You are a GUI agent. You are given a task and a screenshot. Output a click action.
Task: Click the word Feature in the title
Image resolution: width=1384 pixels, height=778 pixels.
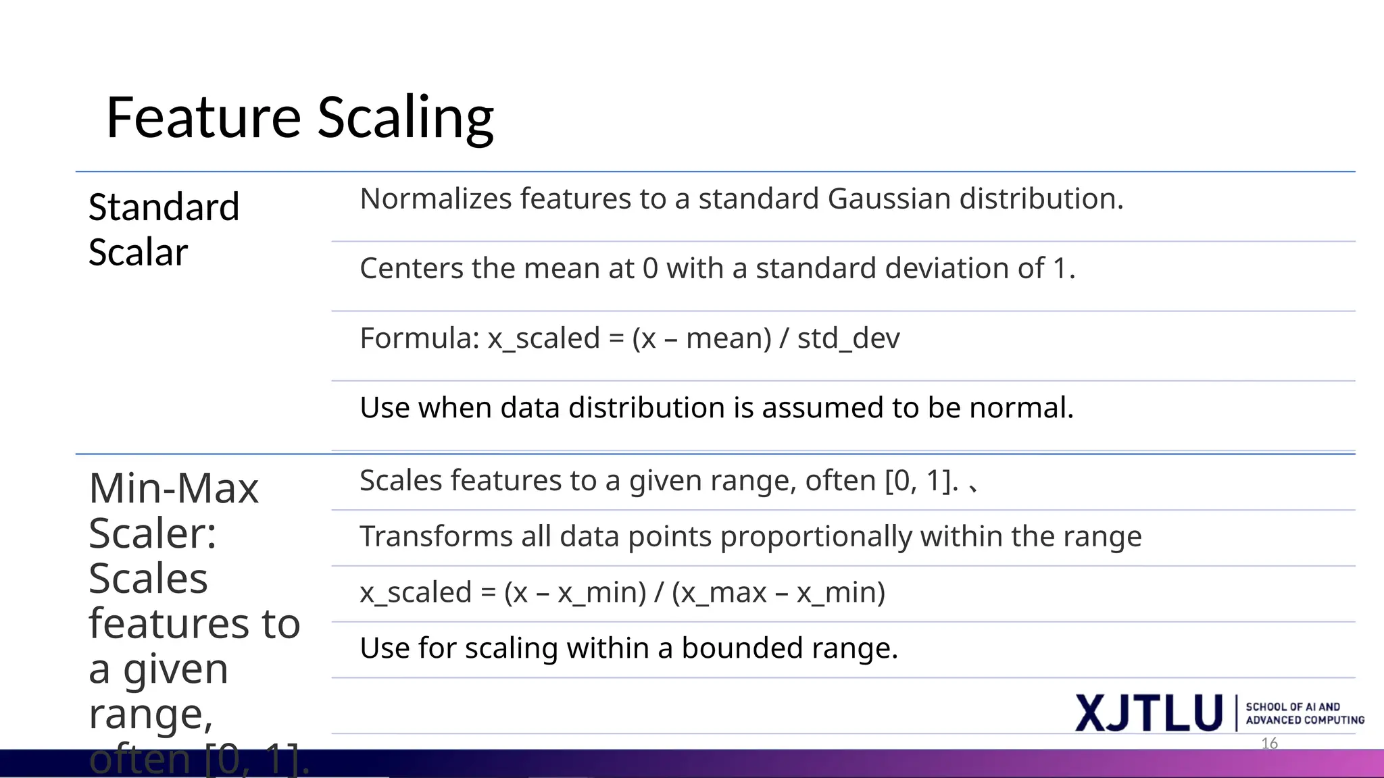point(203,118)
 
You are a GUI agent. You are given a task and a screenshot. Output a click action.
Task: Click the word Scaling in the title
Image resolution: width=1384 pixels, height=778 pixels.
point(405,118)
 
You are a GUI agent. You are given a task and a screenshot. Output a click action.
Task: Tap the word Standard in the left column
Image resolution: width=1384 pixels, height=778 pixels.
point(164,207)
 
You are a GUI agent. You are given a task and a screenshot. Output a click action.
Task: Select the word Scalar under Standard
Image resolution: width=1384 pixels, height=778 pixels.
point(138,253)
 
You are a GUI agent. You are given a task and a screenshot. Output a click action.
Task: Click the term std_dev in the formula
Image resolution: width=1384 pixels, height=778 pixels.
point(848,338)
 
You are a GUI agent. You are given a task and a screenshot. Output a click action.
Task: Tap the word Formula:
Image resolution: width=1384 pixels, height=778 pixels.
point(419,338)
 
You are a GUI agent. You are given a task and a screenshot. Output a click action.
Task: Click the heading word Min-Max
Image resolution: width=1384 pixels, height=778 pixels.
point(174,488)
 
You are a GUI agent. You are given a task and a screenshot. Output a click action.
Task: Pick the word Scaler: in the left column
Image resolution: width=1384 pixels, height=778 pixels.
point(153,534)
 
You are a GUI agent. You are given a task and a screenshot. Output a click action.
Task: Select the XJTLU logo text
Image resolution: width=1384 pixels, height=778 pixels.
point(1149,713)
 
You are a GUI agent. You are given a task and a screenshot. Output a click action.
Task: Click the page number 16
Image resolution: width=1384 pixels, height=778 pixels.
point(1269,744)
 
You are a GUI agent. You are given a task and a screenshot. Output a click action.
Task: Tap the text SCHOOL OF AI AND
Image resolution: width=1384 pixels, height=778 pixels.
point(1293,706)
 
